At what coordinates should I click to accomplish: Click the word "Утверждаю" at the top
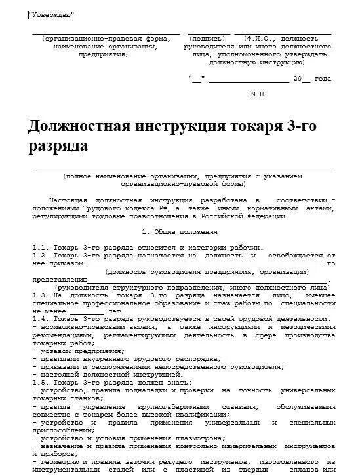(x=51, y=14)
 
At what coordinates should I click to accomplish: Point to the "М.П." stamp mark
(x=259, y=94)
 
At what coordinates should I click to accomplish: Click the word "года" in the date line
(x=323, y=79)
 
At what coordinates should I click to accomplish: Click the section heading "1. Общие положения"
(x=180, y=231)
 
